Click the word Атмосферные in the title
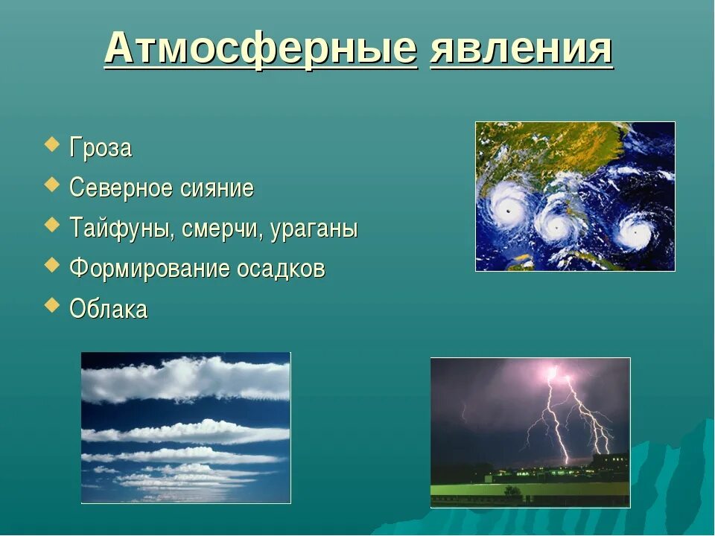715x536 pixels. (261, 48)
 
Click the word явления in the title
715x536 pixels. (521, 48)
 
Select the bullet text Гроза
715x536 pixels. (101, 148)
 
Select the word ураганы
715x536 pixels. (314, 229)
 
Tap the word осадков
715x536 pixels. (281, 268)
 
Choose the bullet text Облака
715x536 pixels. (109, 308)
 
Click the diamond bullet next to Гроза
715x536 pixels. (51, 144)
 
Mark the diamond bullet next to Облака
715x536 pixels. (51, 304)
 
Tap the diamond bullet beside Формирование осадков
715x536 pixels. (51, 265)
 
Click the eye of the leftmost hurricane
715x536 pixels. (508, 211)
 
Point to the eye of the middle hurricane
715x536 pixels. (556, 228)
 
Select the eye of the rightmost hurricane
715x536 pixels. (635, 232)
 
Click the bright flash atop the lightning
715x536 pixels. (553, 372)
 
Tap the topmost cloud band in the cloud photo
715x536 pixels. (186, 379)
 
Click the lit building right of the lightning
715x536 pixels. (610, 462)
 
